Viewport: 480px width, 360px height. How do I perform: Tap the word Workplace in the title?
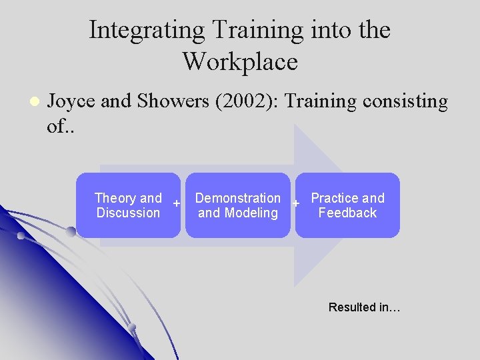[x=240, y=62]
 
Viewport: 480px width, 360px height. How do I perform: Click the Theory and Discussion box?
[x=128, y=205]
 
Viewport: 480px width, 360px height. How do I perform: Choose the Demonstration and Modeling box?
[x=238, y=205]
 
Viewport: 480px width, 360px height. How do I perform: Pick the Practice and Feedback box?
[x=347, y=205]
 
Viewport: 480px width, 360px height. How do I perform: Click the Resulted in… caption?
[x=364, y=307]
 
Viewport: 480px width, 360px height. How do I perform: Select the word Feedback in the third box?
[x=347, y=213]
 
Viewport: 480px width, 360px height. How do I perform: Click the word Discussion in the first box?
[x=128, y=213]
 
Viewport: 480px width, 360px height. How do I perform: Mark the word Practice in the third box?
[x=334, y=198]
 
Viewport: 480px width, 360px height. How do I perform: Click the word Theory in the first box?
[x=115, y=198]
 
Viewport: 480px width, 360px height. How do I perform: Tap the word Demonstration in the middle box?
[x=237, y=198]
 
